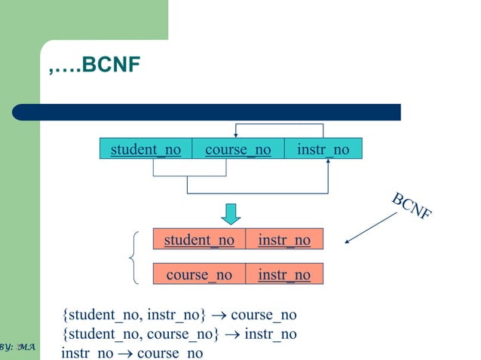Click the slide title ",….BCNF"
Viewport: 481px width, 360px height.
[x=94, y=65]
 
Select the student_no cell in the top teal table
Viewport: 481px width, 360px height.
[x=146, y=149]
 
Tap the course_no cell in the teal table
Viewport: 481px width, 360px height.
[x=237, y=149]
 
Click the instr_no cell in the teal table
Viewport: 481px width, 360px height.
[x=323, y=149]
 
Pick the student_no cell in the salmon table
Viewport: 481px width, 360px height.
[x=199, y=239]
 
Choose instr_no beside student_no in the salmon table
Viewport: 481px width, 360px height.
[x=284, y=239]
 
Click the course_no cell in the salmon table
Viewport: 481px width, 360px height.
[x=199, y=274]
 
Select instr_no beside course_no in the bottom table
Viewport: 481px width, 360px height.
[x=284, y=274]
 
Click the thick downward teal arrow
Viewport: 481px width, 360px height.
[x=231, y=213]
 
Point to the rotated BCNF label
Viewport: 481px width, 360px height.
[x=412, y=206]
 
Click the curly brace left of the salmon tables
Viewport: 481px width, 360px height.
[x=133, y=258]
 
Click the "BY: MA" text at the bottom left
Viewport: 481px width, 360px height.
[x=17, y=346]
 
